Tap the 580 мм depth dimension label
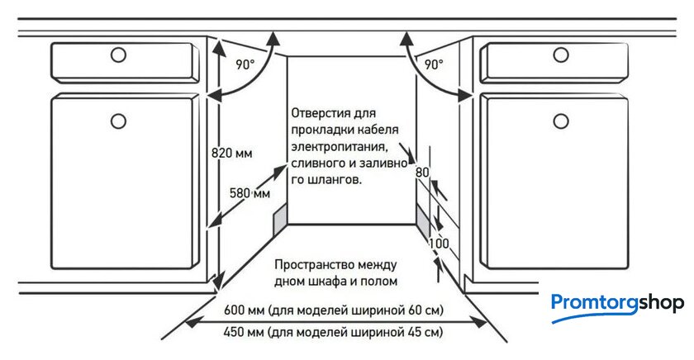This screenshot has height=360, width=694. click(x=250, y=193)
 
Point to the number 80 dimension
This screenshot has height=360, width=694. click(x=422, y=173)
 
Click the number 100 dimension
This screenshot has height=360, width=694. click(x=439, y=244)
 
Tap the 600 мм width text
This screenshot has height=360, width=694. click(x=245, y=311)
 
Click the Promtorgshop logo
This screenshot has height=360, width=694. click(x=617, y=304)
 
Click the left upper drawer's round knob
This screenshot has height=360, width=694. click(x=118, y=55)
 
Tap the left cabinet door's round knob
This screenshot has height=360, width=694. click(x=118, y=121)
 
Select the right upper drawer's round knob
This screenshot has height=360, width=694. click(x=562, y=55)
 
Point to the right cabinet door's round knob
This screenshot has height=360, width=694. click(x=562, y=121)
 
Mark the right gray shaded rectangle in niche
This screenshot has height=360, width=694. click(x=423, y=221)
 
